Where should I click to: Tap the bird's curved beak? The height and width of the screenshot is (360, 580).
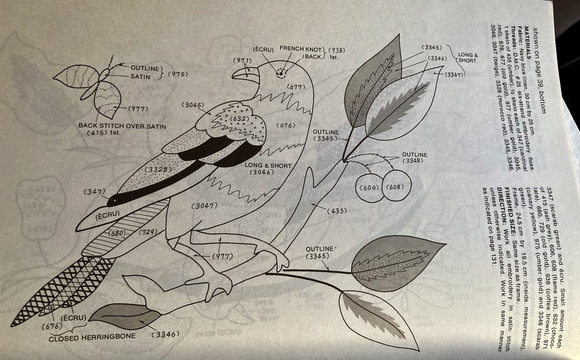coord(242,72)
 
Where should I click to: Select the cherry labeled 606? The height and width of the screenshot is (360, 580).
coord(370,188)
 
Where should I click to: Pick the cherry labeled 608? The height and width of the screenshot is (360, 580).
coord(393,188)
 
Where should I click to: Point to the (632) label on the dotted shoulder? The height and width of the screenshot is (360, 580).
coord(231,119)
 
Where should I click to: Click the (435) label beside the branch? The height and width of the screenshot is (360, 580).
coord(336,211)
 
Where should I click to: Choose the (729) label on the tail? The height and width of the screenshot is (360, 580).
coord(147,233)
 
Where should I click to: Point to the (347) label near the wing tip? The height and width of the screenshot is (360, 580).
coord(94,192)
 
